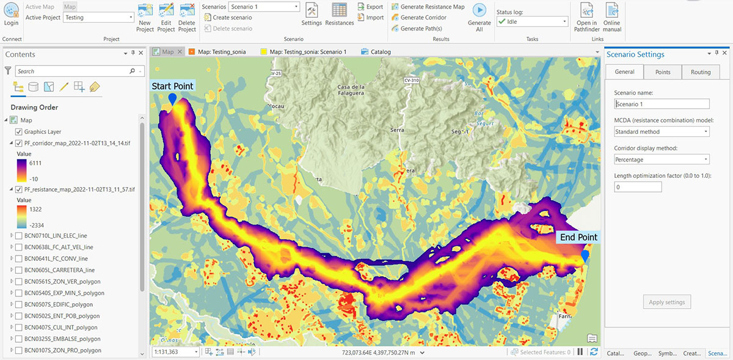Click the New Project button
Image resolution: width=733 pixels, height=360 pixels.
click(x=145, y=17)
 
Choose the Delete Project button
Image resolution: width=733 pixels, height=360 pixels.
click(x=187, y=17)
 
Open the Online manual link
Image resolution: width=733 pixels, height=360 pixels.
click(x=611, y=17)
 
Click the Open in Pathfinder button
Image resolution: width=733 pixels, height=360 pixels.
click(x=586, y=17)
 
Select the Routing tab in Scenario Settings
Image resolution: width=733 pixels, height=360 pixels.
click(x=701, y=72)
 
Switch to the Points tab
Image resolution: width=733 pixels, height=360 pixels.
click(x=663, y=72)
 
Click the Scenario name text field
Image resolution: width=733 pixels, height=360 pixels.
click(x=662, y=105)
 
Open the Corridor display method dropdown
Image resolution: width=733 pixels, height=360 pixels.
click(x=662, y=160)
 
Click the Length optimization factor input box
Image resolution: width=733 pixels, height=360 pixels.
click(x=638, y=187)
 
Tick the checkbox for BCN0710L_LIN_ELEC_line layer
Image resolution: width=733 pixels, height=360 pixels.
click(x=19, y=235)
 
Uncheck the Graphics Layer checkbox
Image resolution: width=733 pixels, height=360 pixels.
click(x=18, y=132)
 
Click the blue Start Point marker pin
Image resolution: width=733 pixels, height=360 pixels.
click(x=173, y=98)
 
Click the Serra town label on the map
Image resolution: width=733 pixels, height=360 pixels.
click(x=398, y=130)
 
